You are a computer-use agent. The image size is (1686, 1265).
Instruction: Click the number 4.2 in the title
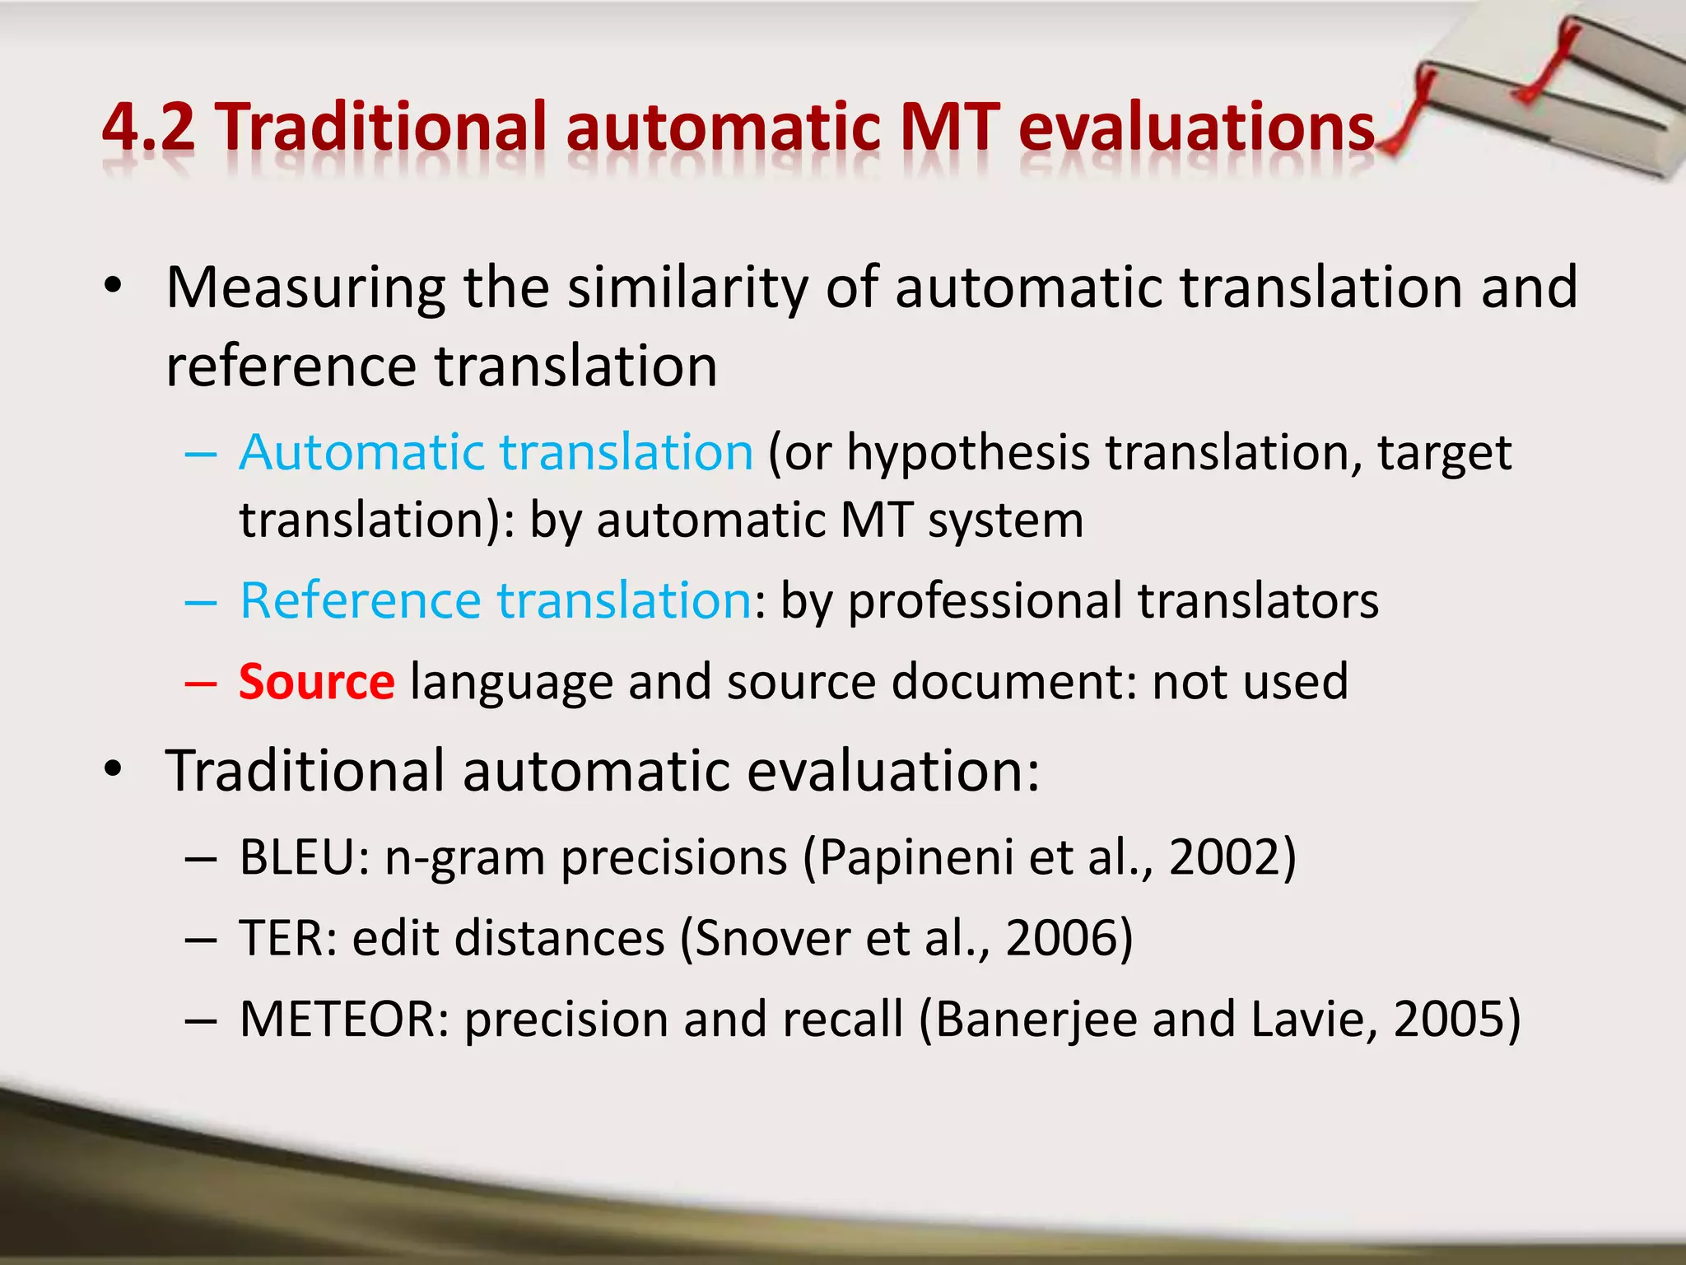coord(149,128)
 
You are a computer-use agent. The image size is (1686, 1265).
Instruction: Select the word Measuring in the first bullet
coord(305,287)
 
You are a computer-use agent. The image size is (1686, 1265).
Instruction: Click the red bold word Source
coord(317,682)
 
